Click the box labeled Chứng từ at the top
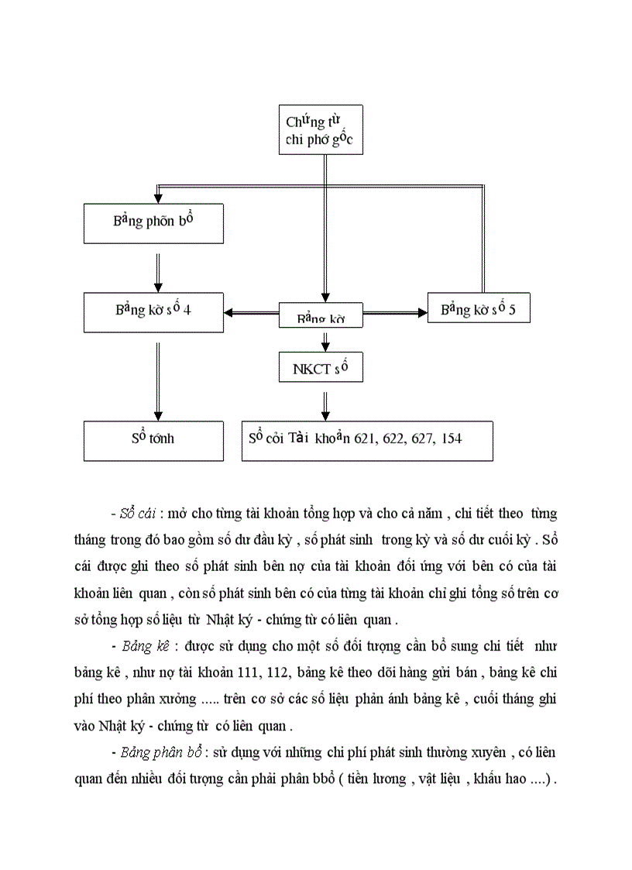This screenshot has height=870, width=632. pyautogui.click(x=320, y=130)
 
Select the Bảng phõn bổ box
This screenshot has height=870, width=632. pyautogui.click(x=153, y=223)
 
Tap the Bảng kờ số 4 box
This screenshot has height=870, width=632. pyautogui.click(x=153, y=312)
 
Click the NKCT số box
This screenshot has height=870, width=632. pyautogui.click(x=320, y=367)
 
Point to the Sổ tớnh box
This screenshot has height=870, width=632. pyautogui.click(x=153, y=440)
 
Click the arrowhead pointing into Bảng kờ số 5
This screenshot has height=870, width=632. pyautogui.click(x=421, y=313)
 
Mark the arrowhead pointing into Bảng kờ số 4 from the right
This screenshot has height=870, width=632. pyautogui.click(x=230, y=313)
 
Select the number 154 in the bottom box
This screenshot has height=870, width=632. pyautogui.click(x=449, y=438)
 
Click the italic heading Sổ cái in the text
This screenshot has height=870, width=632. pyautogui.click(x=139, y=514)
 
